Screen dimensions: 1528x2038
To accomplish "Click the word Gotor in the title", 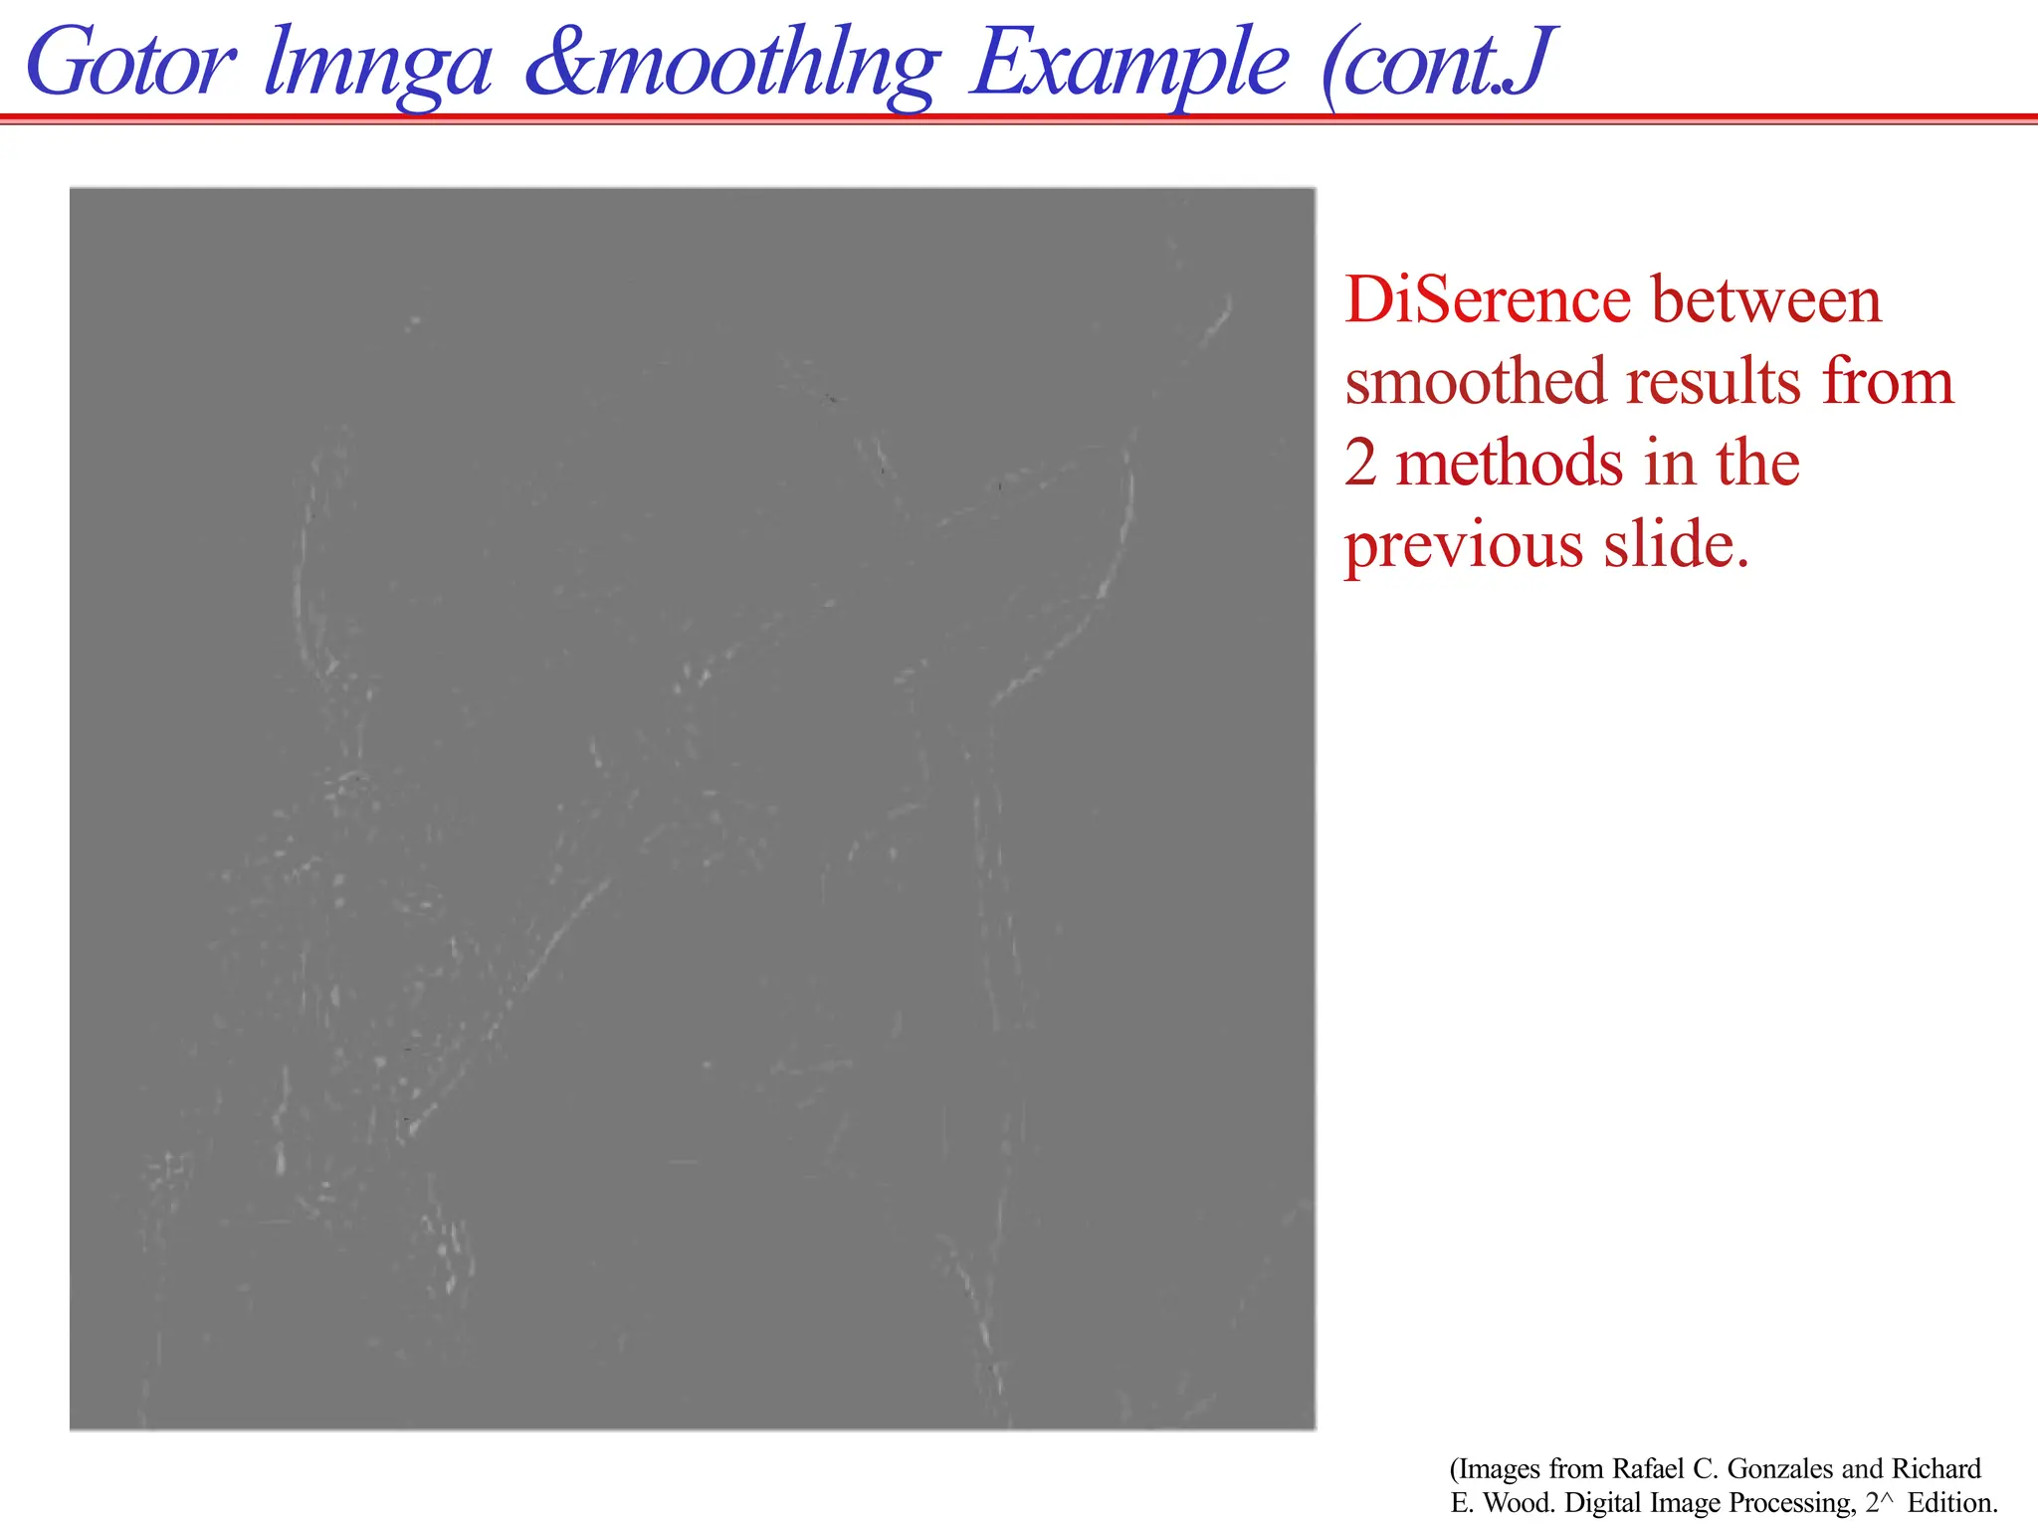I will [x=131, y=65].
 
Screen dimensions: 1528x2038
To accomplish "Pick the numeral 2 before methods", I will [x=1360, y=464].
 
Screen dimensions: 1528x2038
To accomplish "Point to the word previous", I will [x=1463, y=547].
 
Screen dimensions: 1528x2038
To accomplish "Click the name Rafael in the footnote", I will [x=1648, y=1469].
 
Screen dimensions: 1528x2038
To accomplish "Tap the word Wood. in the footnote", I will [x=1520, y=1502].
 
